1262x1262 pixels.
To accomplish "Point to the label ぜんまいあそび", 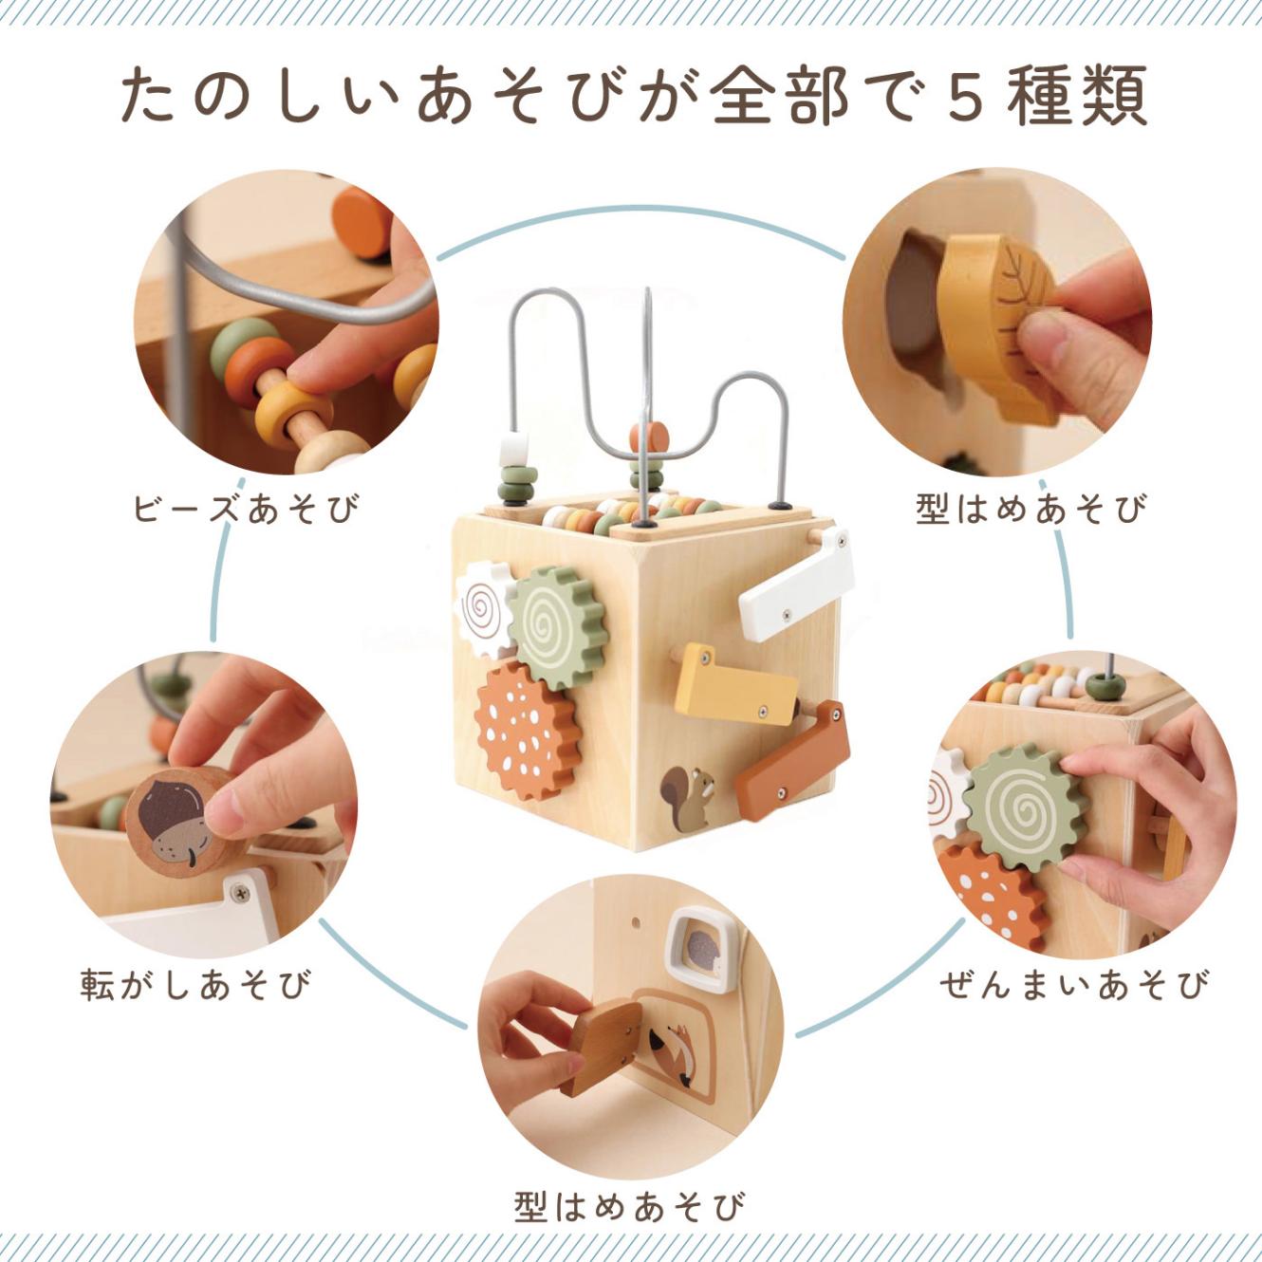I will (1074, 984).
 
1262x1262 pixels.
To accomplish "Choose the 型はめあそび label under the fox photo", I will (630, 1207).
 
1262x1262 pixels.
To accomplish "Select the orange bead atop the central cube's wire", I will (649, 437).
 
